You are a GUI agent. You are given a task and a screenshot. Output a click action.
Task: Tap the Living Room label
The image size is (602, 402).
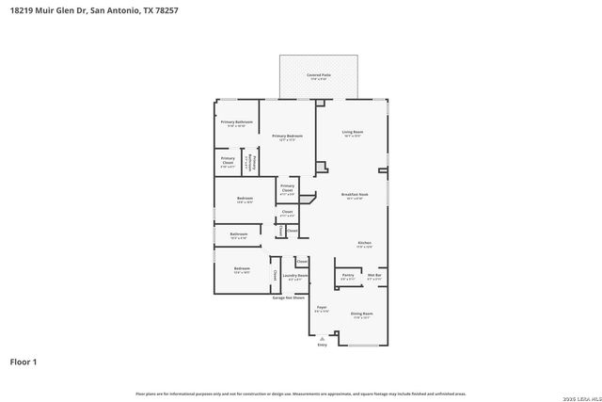(353, 133)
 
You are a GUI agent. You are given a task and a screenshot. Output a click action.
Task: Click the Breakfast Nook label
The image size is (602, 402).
(355, 196)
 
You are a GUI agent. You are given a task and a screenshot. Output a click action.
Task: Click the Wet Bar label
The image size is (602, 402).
(374, 276)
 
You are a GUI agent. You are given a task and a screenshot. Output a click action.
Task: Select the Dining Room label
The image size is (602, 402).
(362, 314)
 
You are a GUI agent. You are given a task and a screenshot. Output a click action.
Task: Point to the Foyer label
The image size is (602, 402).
(321, 309)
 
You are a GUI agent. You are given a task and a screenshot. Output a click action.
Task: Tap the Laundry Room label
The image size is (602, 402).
(296, 277)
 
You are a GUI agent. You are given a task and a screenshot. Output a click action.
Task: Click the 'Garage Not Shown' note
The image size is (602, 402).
(289, 297)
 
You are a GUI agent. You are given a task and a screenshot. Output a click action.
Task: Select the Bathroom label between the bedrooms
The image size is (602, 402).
(238, 235)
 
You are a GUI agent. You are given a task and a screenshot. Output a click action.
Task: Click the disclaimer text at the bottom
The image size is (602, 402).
(300, 394)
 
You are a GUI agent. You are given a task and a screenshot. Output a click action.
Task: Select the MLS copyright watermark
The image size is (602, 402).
(580, 394)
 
